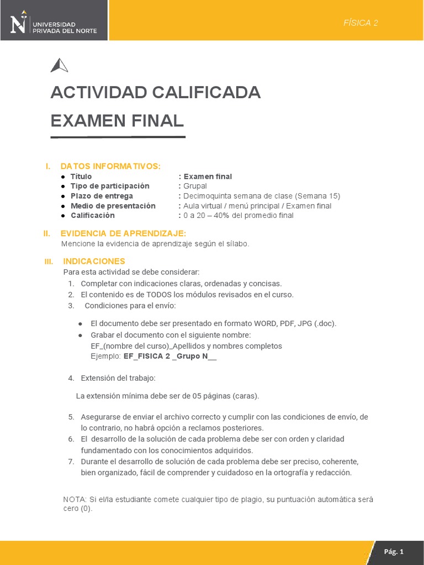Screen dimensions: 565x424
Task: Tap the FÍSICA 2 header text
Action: tap(361, 23)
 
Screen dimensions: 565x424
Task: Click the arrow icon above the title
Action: tap(59, 66)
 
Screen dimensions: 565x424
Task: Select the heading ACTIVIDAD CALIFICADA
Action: tap(155, 93)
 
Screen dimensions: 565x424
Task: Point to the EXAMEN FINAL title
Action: tap(116, 120)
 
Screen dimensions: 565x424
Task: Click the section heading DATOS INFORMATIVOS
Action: tap(110, 166)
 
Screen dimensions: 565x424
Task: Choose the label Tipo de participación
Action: tap(110, 186)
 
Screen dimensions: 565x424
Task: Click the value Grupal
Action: tap(195, 186)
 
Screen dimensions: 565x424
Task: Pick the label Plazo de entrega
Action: tap(102, 196)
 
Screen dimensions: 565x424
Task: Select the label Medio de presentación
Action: tap(113, 206)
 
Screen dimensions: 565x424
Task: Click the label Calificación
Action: tap(93, 215)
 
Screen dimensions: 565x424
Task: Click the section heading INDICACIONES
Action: tap(94, 261)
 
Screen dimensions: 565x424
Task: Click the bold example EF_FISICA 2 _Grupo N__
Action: tap(170, 356)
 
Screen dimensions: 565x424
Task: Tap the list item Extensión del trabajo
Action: tap(118, 378)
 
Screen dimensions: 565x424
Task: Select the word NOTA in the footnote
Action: tap(75, 499)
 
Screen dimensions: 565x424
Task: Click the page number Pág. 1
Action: tap(394, 552)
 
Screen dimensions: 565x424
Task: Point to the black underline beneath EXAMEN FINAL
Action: tap(118, 137)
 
